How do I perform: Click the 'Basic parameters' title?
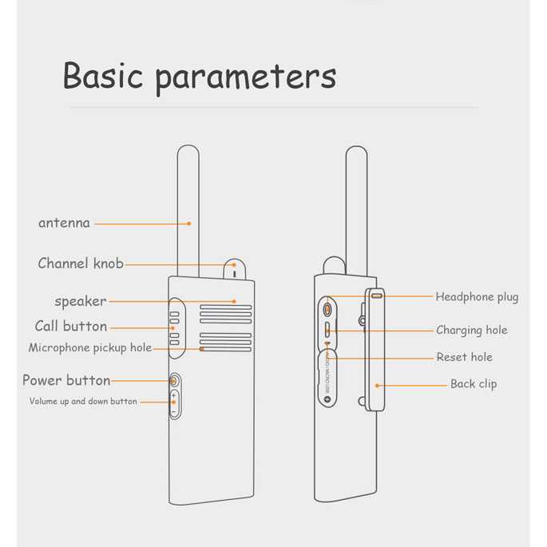(200, 77)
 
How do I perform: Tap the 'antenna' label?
(64, 223)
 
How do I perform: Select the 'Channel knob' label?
(81, 263)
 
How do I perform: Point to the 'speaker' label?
(80, 301)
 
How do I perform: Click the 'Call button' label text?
(71, 326)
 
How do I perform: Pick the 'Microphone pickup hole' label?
(90, 348)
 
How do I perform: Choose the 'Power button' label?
(66, 380)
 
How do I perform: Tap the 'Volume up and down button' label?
(83, 402)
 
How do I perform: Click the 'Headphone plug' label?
(477, 297)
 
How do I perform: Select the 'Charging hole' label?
(472, 330)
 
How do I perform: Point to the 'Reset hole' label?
(464, 357)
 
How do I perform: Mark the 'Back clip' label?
(474, 384)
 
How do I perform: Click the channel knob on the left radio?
(235, 269)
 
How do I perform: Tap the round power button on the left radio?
(174, 381)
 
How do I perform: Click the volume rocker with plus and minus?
(174, 404)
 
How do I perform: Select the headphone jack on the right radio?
(327, 309)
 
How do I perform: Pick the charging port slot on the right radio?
(327, 330)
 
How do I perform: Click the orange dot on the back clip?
(377, 386)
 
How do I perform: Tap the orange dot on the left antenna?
(189, 224)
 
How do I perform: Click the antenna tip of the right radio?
(356, 147)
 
